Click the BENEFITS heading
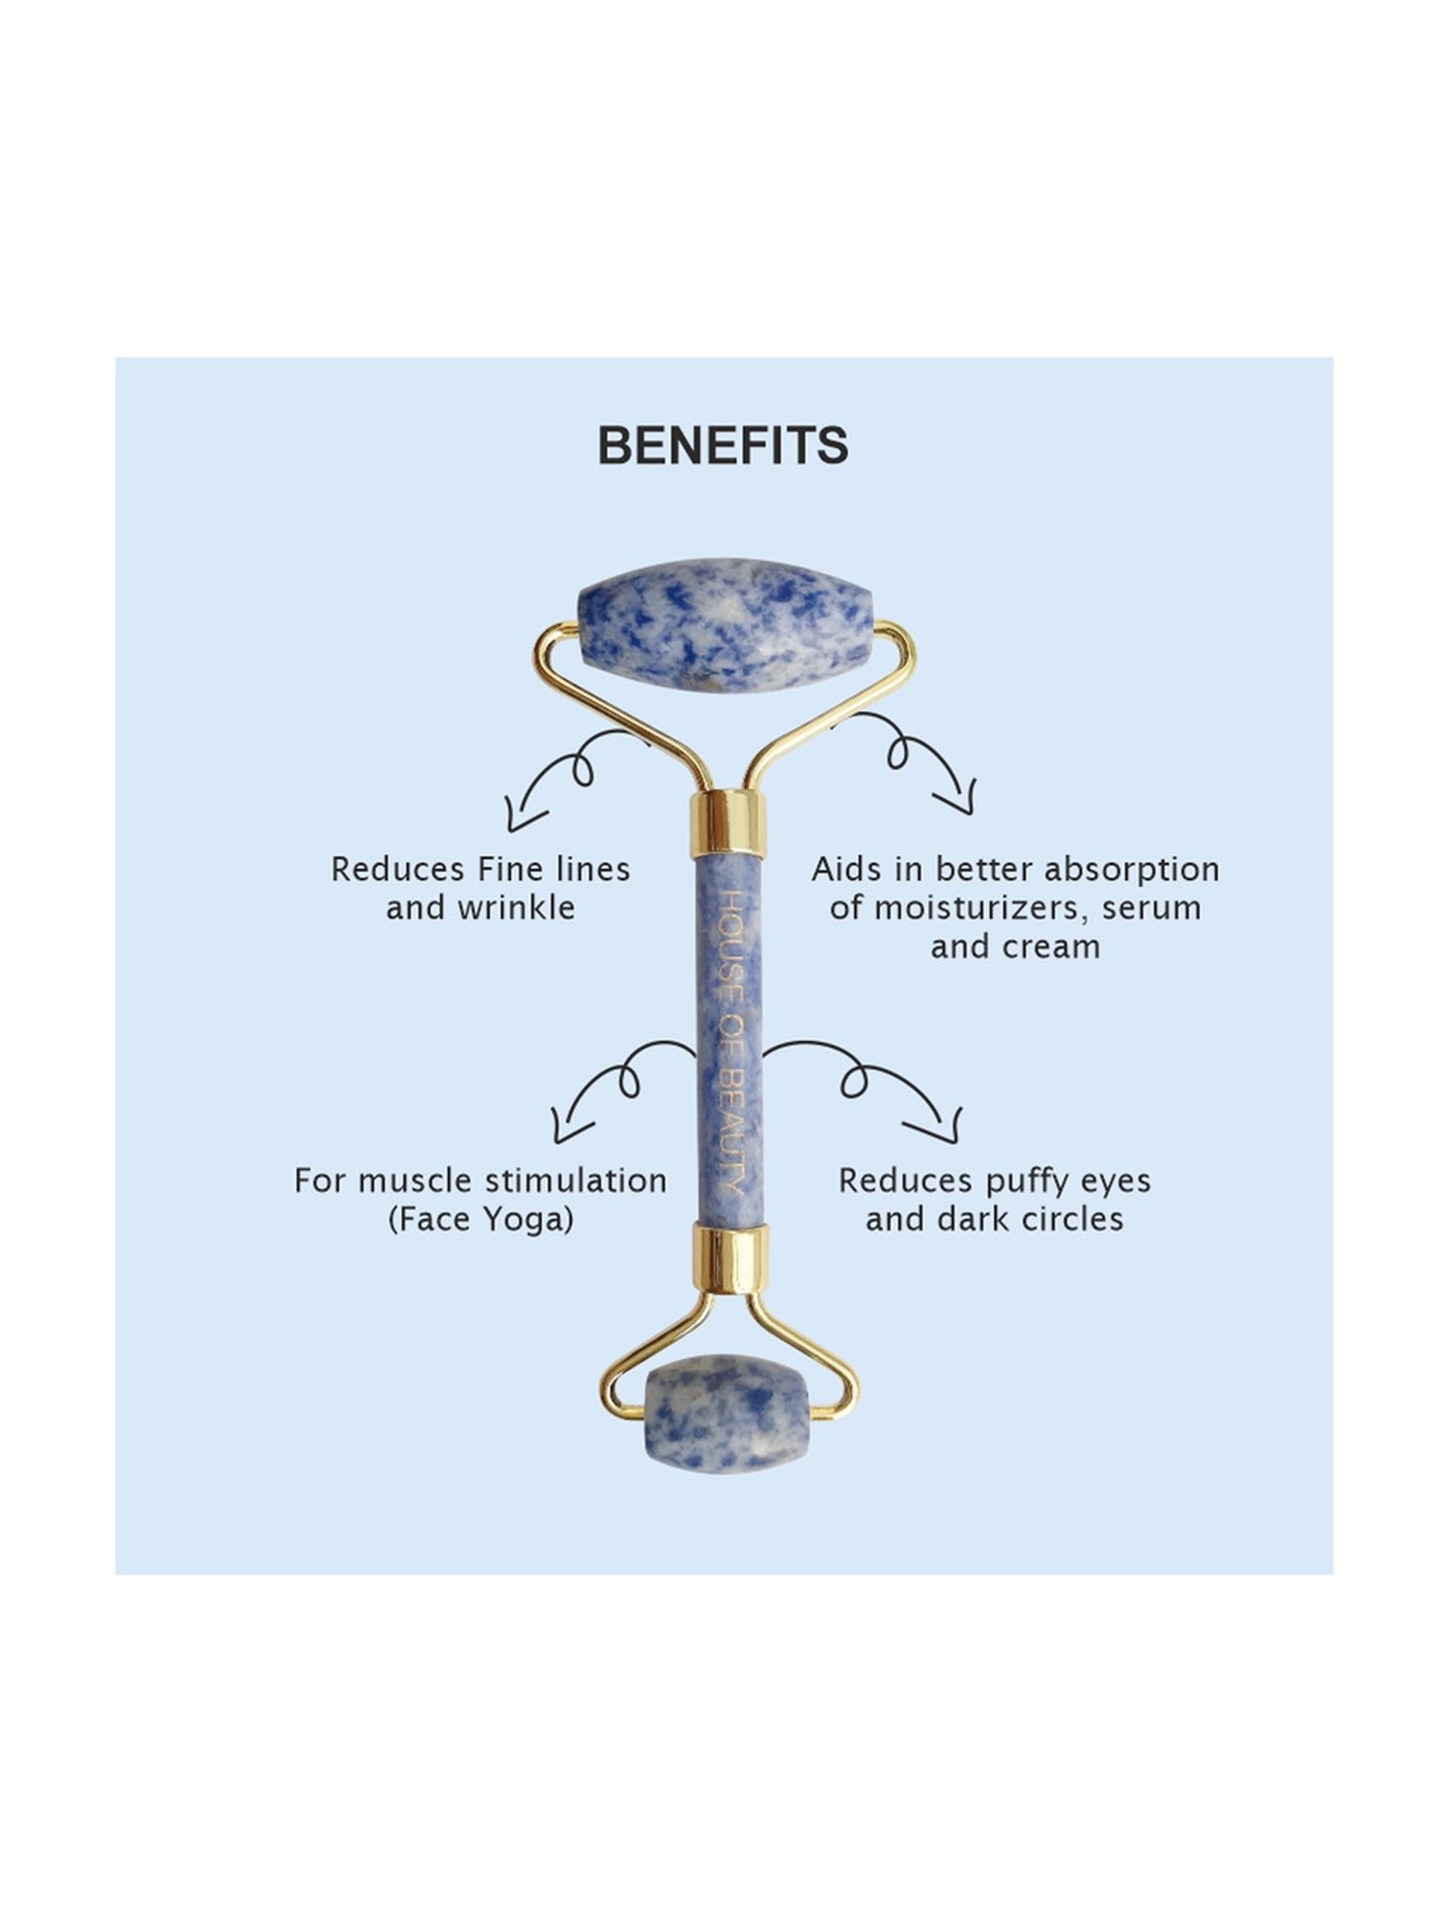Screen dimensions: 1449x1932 [723, 445]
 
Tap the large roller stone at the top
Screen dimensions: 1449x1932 [724, 625]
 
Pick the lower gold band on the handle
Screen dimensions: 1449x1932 [730, 1259]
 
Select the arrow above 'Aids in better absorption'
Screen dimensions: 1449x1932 [903, 759]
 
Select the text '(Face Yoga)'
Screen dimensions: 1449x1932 [481, 1219]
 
